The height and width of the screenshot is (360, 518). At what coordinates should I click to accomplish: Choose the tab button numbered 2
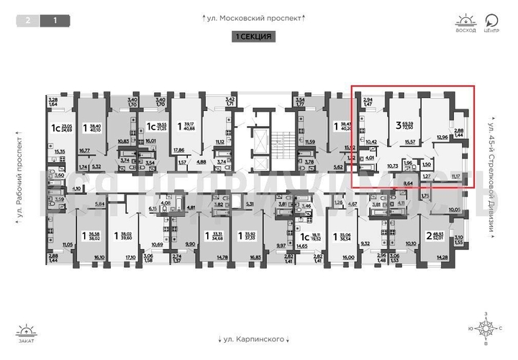click(28, 21)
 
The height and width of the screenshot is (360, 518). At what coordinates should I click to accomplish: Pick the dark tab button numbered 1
click(55, 21)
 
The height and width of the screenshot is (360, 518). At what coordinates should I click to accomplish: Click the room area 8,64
click(409, 184)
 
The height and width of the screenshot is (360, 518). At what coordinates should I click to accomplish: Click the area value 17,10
click(130, 256)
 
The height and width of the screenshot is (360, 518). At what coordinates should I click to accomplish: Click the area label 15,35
click(60, 151)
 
